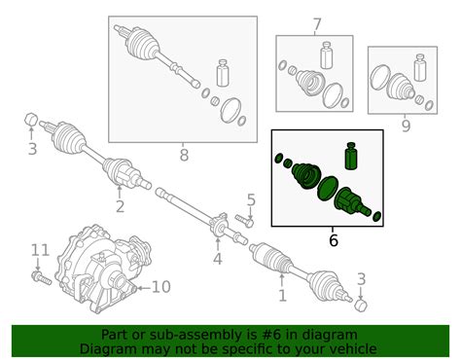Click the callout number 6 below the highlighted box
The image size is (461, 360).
click(334, 240)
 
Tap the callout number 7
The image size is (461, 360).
click(317, 24)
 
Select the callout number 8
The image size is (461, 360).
click(184, 155)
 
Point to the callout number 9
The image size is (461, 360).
click(406, 126)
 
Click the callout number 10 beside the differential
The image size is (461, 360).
click(161, 287)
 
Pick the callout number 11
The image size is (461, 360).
click(40, 250)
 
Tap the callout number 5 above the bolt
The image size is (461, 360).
click(251, 200)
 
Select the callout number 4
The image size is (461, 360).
click(218, 259)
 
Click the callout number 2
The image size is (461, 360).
click(120, 206)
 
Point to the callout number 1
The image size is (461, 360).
click(282, 296)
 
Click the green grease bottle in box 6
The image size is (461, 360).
click(351, 156)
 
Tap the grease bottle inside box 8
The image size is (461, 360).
click(223, 73)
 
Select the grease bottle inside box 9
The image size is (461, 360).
click(420, 68)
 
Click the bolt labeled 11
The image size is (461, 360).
click(42, 278)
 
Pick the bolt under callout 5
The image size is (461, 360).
click(245, 221)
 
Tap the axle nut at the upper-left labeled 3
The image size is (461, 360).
click(31, 120)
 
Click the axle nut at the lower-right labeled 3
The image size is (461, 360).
click(361, 306)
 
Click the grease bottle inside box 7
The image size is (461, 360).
click(327, 55)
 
